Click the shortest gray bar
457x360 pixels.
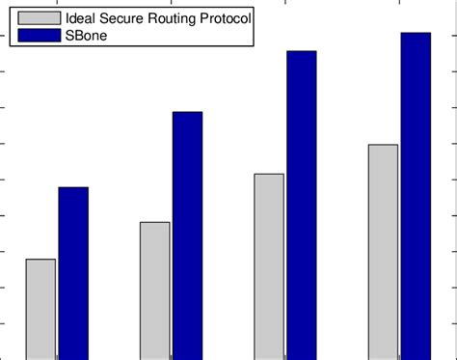tap(40, 309)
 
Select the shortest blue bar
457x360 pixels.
tap(73, 273)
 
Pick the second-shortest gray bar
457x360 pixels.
tap(154, 291)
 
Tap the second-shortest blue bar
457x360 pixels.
tap(187, 235)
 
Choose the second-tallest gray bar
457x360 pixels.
tap(269, 266)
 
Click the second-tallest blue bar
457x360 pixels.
tap(302, 205)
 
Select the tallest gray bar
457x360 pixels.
tap(383, 252)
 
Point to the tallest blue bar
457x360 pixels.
tap(416, 196)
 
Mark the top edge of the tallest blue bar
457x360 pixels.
tap(416, 33)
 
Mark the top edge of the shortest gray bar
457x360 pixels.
tap(40, 260)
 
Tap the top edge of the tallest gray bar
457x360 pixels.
tap(383, 145)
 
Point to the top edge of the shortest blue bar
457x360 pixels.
tap(73, 187)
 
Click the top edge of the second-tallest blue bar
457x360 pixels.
tap(302, 51)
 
